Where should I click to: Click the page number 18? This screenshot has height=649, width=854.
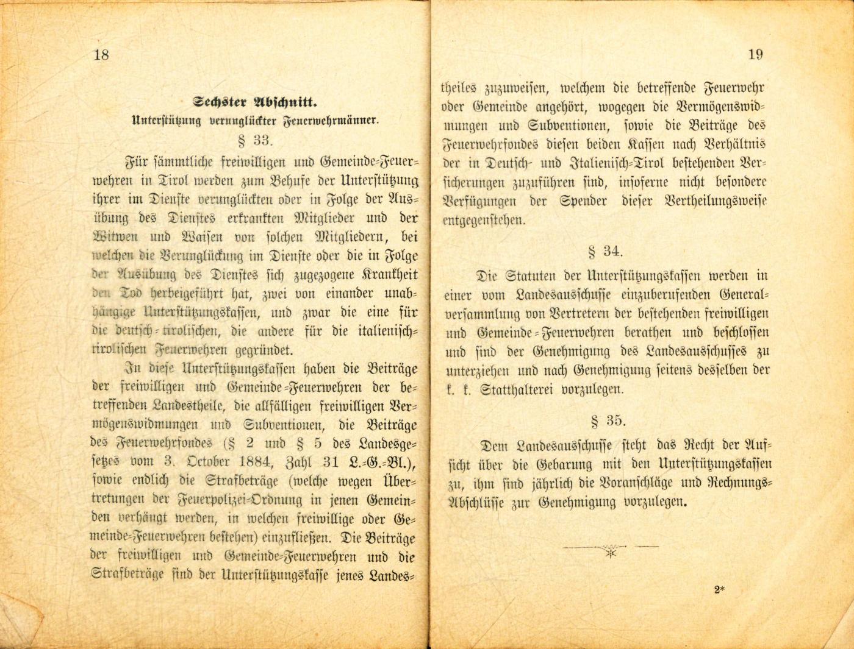pos(101,55)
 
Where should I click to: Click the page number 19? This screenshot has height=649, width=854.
pos(755,55)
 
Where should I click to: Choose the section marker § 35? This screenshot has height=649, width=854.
pos(608,421)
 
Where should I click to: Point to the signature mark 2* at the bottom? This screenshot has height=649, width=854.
pos(719,589)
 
